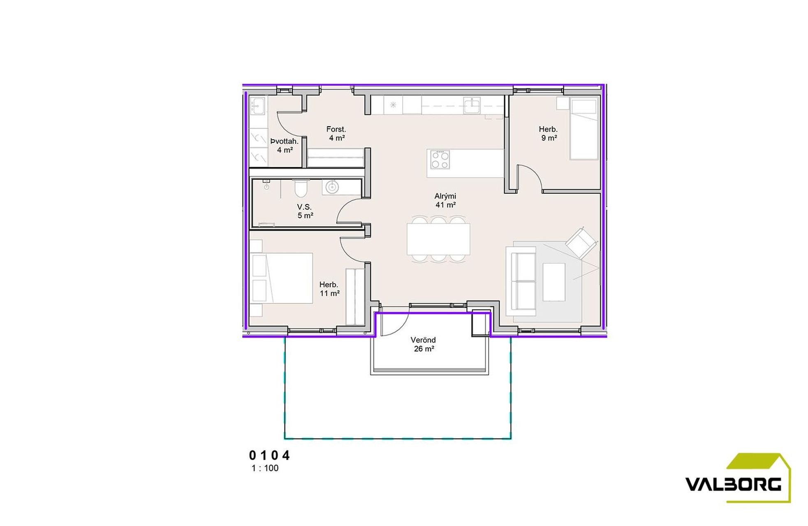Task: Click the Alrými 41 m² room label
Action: click(x=445, y=201)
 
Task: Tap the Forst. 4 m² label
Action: click(x=336, y=134)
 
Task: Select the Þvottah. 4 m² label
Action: click(x=285, y=145)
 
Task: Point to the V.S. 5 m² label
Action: click(x=305, y=211)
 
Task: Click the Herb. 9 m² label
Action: click(x=549, y=134)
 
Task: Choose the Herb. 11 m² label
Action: click(x=329, y=289)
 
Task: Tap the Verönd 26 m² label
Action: click(x=424, y=344)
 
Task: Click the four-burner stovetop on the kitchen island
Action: click(x=440, y=159)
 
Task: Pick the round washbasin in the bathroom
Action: click(x=332, y=187)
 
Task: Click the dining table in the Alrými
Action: click(x=438, y=239)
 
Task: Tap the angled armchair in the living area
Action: click(x=581, y=243)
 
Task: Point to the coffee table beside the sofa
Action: click(x=554, y=282)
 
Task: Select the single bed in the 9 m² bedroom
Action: click(x=583, y=129)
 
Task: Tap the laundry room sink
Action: click(x=258, y=106)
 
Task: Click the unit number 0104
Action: click(x=269, y=455)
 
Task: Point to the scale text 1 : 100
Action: click(x=265, y=468)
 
